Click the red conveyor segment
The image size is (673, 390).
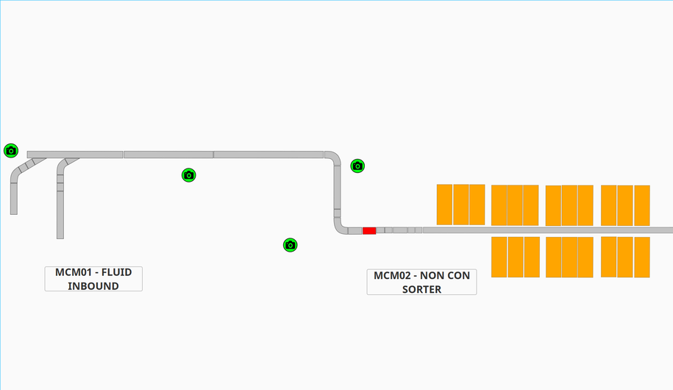tap(369, 231)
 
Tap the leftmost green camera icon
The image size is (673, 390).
tap(10, 151)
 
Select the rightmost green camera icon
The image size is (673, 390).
tap(357, 166)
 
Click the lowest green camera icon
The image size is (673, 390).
tap(290, 245)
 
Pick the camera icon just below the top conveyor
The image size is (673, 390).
tap(189, 175)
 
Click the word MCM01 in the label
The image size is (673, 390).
tap(73, 272)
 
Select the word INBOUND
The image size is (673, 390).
tap(93, 286)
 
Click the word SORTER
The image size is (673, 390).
tap(421, 289)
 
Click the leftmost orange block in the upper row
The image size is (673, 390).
tap(444, 205)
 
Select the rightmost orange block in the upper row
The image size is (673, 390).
tap(642, 205)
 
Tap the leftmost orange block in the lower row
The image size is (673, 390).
tap(499, 257)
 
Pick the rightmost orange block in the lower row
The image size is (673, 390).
tap(642, 257)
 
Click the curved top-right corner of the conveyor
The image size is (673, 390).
tap(334, 157)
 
